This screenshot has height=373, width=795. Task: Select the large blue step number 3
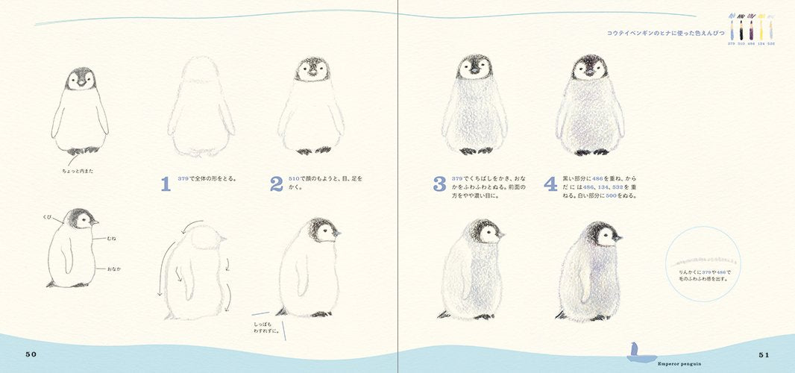439,184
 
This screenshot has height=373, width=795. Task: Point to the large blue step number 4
550,184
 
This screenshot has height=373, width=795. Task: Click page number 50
31,354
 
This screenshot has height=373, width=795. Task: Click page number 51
764,354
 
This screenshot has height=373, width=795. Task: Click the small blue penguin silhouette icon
634,349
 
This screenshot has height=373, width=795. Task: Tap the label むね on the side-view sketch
112,238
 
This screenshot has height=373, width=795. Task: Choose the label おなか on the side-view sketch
114,266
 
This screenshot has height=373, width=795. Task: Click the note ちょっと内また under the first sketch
78,171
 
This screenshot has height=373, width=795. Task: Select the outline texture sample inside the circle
703,262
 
